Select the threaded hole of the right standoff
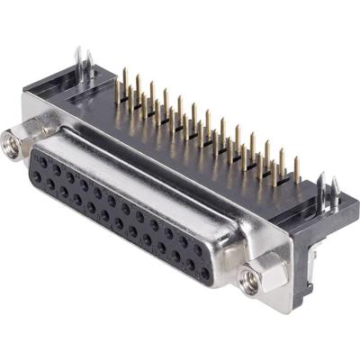tap(252, 280)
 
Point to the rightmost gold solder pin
tap(297, 170)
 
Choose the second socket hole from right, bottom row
tap(191, 265)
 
